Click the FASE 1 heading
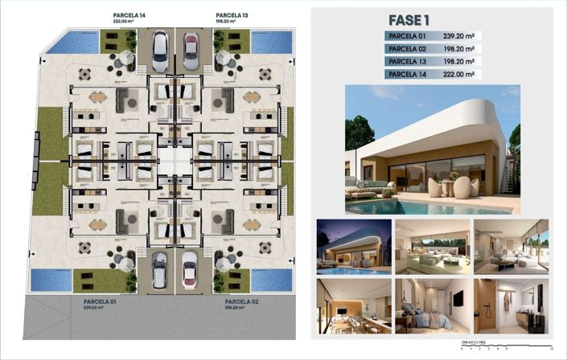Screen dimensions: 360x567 pos(410,20)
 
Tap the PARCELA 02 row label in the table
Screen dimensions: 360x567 pos(406,48)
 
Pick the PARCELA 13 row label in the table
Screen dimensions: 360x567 pos(406,61)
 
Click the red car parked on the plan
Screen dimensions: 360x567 pos(191,49)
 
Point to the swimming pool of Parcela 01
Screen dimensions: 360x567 pos(50,280)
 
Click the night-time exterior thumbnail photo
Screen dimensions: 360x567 pos(352,247)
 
